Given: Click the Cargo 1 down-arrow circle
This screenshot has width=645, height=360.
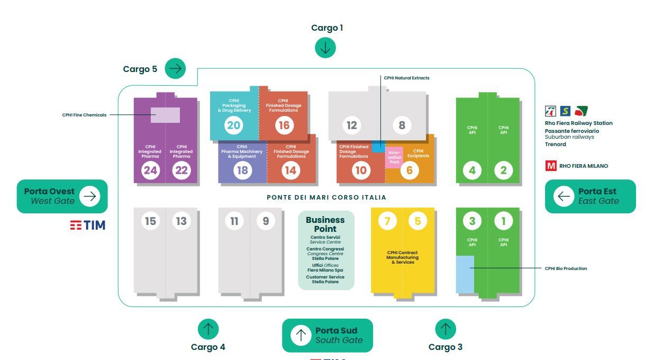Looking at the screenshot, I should tap(325, 48).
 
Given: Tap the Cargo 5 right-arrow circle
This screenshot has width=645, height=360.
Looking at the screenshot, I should tap(175, 68).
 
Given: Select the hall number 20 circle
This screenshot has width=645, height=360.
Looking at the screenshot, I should tap(233, 125).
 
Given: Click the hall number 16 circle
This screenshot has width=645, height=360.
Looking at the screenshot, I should tap(284, 125).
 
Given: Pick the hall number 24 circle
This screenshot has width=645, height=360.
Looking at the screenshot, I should tap(150, 170).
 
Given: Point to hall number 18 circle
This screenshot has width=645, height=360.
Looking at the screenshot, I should tap(242, 170).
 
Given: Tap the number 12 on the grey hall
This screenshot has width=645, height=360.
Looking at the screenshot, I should tap(352, 125).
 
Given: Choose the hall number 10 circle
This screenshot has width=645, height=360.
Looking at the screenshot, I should tap(361, 170).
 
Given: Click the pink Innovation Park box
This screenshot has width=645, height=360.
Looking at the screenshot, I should tap(394, 157).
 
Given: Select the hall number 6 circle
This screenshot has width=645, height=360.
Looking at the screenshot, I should tap(410, 170).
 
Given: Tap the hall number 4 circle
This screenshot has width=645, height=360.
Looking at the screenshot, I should tap(472, 170).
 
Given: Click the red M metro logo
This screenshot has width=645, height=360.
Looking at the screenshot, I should tap(551, 166).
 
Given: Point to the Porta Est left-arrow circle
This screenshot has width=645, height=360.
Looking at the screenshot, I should tap(564, 196).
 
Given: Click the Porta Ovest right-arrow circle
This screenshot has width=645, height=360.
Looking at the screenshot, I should tap(89, 196).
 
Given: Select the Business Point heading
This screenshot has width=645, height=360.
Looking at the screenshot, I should tap(325, 224).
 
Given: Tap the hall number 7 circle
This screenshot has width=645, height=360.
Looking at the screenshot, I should tap(387, 221).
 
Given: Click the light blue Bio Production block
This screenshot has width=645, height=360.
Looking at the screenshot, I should tap(465, 274).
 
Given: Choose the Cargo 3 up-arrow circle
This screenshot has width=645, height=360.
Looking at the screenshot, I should tap(446, 329).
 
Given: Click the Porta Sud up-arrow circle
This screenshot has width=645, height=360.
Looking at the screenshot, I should tap(301, 335).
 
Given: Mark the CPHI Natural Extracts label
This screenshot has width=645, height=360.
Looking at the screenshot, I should tap(406, 78).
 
